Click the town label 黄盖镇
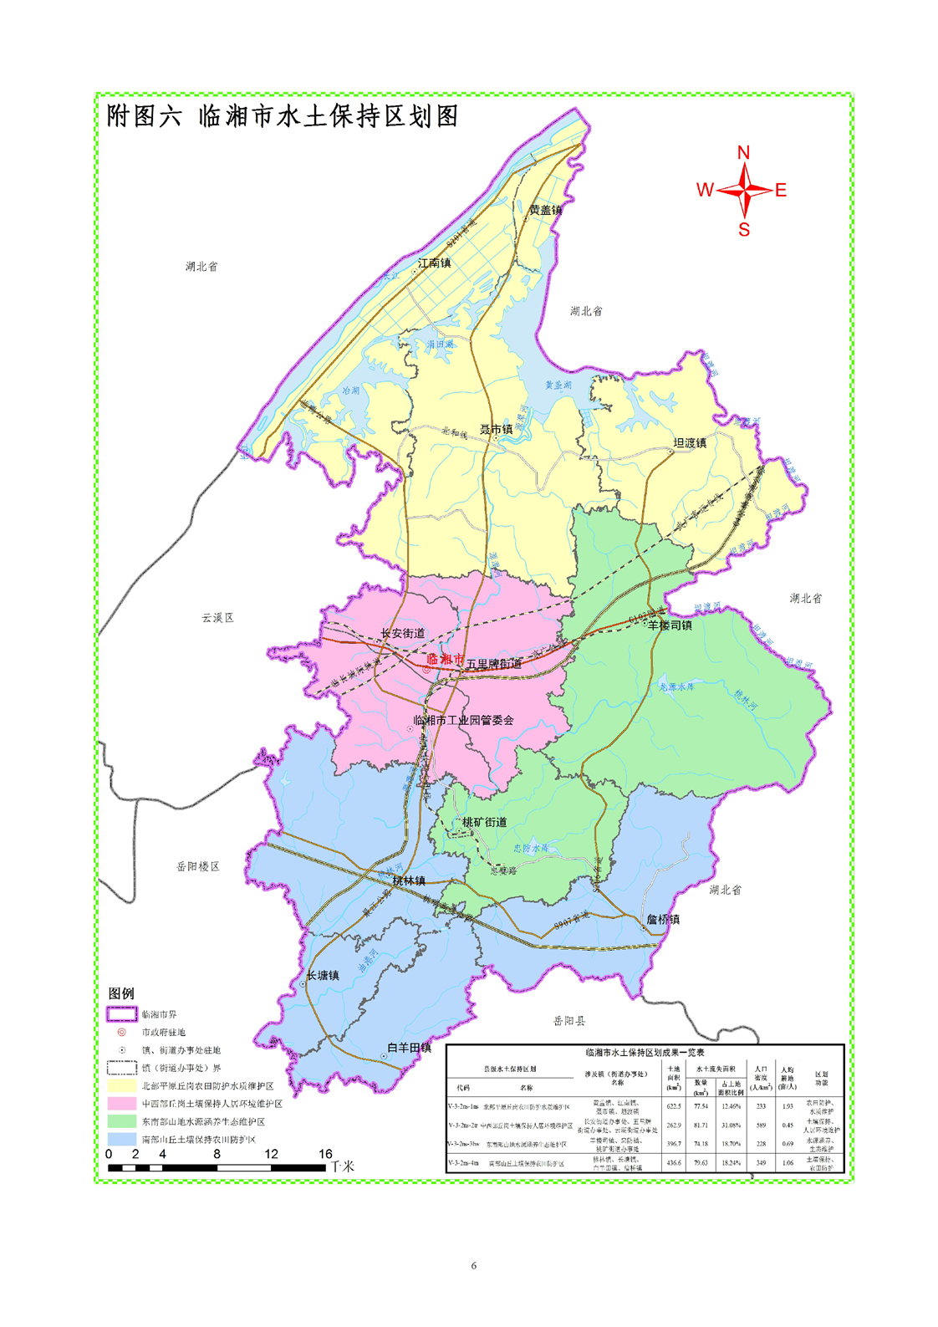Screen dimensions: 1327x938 coord(546,210)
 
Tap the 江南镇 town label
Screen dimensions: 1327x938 coord(434,263)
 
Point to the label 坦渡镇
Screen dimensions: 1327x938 coord(690,443)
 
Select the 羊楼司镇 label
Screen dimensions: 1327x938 coord(670,625)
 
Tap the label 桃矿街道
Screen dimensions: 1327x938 coord(485,822)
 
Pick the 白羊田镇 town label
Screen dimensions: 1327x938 coord(409,1048)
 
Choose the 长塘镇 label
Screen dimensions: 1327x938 coord(323,976)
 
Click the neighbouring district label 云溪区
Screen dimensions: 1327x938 coord(217,618)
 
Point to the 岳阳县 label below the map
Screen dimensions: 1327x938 coord(569,1021)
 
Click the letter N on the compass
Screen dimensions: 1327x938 coord(743,152)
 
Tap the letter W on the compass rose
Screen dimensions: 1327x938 coord(705,191)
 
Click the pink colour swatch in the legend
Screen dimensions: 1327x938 coord(121,1104)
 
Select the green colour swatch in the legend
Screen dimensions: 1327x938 coord(121,1121)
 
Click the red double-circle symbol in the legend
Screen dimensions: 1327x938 coord(121,1033)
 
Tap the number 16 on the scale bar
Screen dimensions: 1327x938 coord(325,1154)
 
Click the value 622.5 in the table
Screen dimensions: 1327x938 coord(674,1106)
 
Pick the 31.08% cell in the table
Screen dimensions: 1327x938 coord(731,1125)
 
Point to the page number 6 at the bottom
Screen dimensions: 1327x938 coord(473,1266)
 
